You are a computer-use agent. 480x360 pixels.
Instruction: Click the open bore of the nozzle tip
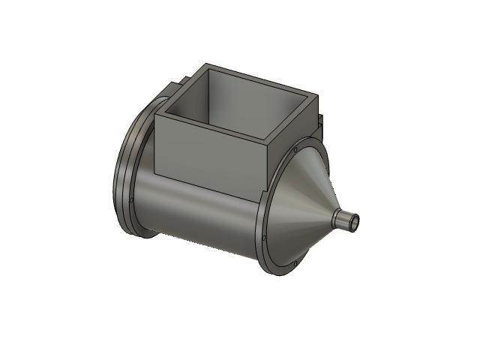pos(355,221)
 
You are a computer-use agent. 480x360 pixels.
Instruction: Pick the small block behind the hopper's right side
pos(321,120)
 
